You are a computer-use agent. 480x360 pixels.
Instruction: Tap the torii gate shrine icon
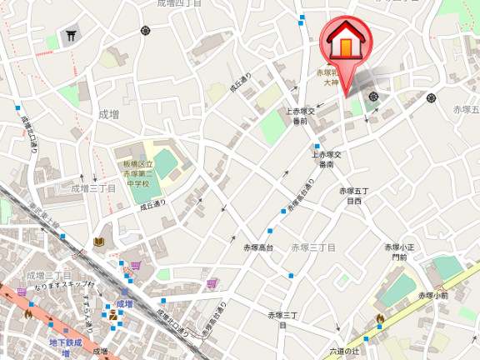(71, 36)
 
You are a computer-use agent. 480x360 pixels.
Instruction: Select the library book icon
(99, 242)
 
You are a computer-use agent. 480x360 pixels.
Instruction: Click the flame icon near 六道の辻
(380, 318)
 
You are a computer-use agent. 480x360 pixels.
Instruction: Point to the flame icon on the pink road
(28, 314)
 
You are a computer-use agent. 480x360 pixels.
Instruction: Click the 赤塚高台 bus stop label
(258, 247)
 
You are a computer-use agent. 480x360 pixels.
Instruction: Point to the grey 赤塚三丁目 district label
(313, 247)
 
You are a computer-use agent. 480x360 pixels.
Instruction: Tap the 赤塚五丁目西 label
(351, 196)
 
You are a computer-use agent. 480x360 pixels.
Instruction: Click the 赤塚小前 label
(433, 294)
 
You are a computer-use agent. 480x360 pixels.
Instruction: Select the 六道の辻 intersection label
(343, 351)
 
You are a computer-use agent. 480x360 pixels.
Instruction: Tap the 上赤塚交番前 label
(300, 116)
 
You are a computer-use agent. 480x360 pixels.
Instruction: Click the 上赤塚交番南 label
(327, 159)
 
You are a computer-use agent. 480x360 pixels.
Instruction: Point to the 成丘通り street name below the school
(152, 203)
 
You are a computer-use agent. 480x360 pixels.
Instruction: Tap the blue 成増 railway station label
(125, 304)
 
